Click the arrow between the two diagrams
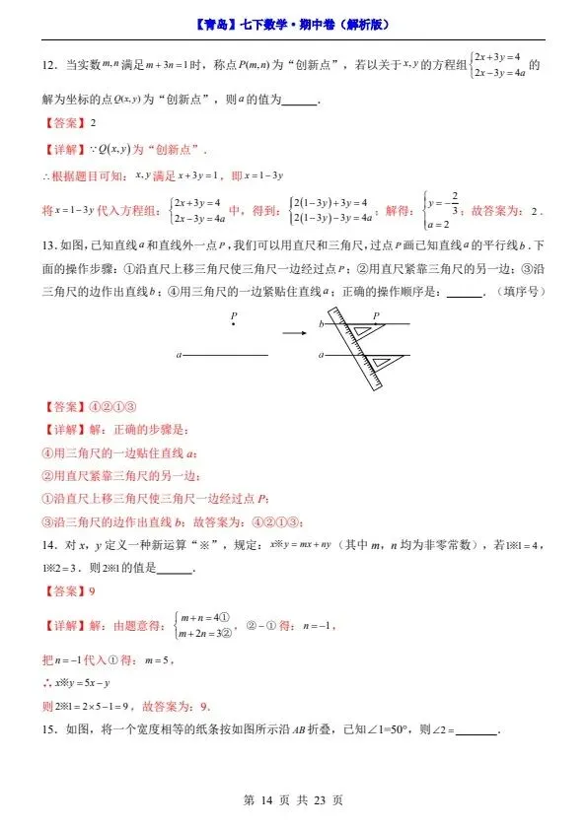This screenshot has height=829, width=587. pyautogui.click(x=295, y=333)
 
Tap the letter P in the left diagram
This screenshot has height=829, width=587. pyautogui.click(x=234, y=316)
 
